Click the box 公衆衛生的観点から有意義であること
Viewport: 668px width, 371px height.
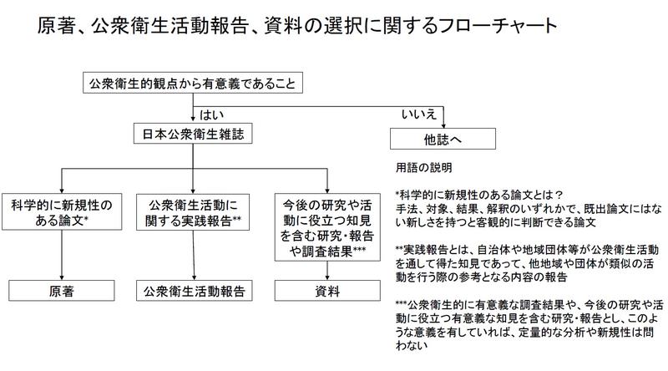tap(193, 83)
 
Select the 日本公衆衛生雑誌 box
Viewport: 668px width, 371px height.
tap(193, 134)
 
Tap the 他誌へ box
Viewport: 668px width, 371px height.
tap(443, 139)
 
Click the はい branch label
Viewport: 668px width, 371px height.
tap(212, 114)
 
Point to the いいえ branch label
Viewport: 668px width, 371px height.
tap(419, 114)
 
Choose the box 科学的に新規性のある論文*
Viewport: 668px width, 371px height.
tap(62, 212)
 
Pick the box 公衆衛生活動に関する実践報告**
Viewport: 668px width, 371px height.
tap(193, 212)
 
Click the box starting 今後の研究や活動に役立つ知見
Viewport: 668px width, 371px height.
tap(327, 227)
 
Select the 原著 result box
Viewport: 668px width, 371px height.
tap(62, 291)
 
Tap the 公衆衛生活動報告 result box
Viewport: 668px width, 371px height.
tap(195, 291)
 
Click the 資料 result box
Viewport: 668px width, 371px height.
tap(327, 291)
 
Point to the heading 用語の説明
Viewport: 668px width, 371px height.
tap(424, 168)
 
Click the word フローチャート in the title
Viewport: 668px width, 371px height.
tap(497, 25)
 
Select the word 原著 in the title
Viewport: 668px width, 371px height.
tap(55, 25)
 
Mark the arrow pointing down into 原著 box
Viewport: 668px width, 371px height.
tap(62, 255)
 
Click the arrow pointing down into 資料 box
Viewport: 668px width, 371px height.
tap(327, 271)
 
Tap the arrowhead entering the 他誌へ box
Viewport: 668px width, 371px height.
tap(443, 125)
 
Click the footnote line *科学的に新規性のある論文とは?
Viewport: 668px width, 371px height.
tap(479, 195)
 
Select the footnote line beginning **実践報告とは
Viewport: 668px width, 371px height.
tap(527, 250)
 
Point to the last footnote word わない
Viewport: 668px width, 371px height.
tap(412, 345)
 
